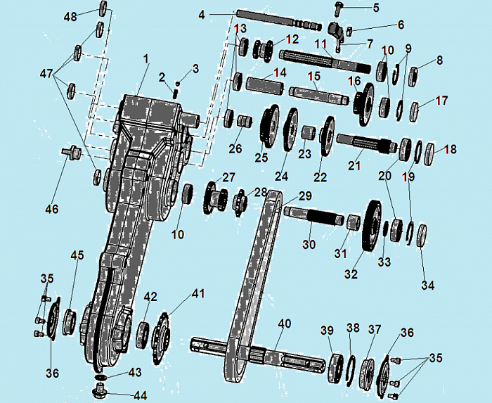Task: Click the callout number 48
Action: point(70,16)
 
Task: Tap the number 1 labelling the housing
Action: point(145,58)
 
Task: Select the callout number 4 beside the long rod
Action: point(202,15)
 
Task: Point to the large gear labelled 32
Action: point(373,225)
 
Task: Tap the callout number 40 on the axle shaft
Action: point(284,324)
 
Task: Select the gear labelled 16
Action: point(363,105)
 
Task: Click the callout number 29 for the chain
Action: point(305,196)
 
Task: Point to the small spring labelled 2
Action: point(176,94)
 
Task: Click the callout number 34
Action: point(428,286)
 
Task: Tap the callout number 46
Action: point(52,208)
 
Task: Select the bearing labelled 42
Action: point(143,334)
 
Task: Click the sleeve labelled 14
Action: point(265,86)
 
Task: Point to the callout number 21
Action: point(354,165)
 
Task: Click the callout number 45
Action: point(77,255)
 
